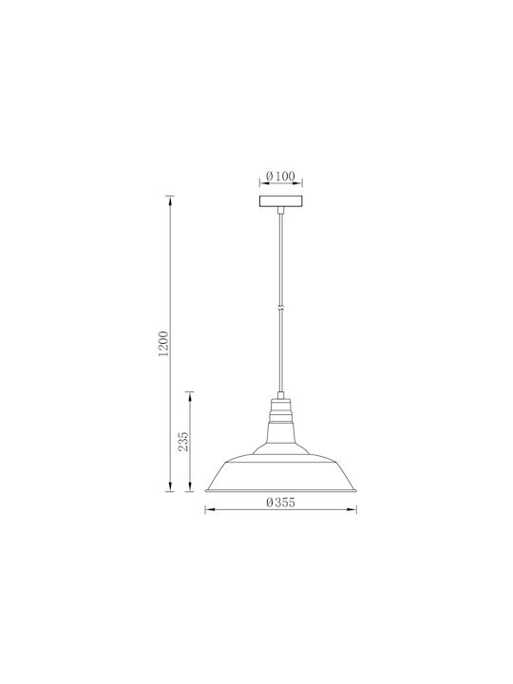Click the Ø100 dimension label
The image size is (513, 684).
(280, 177)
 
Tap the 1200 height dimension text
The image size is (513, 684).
(163, 344)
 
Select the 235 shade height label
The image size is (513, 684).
(183, 442)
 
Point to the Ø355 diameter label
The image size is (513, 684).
(281, 503)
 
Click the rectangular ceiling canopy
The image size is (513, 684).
(281, 201)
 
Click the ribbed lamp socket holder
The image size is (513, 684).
(281, 410)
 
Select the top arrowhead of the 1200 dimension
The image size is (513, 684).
(170, 201)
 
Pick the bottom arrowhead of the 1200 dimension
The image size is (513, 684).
(170, 486)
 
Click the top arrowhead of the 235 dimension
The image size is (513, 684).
(189, 396)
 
